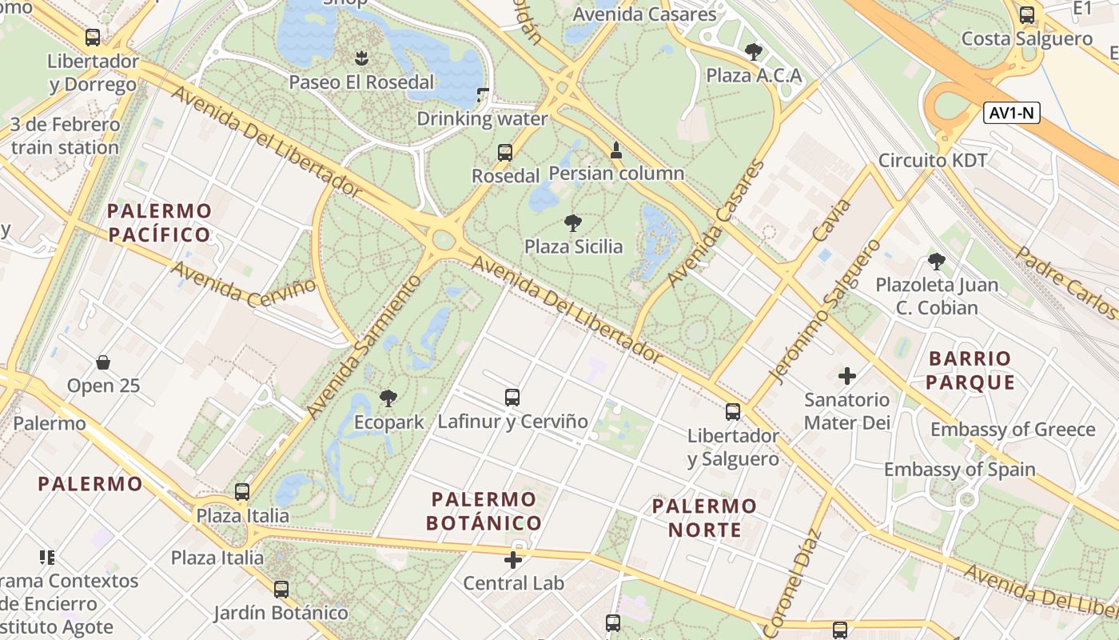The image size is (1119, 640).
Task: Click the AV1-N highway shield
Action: tap(1011, 113)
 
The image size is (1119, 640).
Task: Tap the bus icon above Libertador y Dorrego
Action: tap(93, 37)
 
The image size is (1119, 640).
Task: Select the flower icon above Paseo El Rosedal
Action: tap(361, 58)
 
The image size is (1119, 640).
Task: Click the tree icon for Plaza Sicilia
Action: tap(572, 222)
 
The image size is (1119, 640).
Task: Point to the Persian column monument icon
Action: tap(616, 150)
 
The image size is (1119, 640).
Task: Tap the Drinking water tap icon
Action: tap(482, 95)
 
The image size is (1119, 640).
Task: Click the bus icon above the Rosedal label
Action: tap(504, 152)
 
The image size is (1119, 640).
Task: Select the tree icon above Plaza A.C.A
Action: tap(753, 52)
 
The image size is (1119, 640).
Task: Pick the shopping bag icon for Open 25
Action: tap(103, 362)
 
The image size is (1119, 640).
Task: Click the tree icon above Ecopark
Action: tap(388, 398)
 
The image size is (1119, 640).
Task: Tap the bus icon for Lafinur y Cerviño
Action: tap(512, 397)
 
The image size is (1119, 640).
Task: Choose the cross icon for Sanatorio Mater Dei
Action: tap(847, 375)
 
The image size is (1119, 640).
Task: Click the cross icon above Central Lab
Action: tap(513, 559)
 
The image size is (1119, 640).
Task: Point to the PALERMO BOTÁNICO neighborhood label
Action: tap(484, 511)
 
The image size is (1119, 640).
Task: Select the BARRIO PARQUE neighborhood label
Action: tap(970, 370)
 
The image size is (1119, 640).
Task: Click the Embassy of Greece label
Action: tap(1012, 429)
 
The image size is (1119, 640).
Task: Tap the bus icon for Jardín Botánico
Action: tap(281, 590)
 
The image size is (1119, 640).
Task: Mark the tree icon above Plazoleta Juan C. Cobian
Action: tap(936, 261)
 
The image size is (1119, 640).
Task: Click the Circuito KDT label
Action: tap(933, 160)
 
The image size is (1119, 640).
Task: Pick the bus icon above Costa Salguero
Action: tap(1027, 14)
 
